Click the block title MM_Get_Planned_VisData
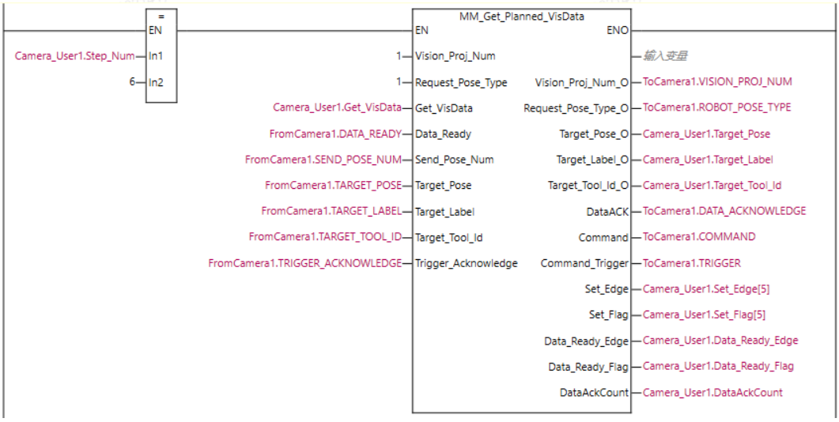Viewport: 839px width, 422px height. (x=522, y=16)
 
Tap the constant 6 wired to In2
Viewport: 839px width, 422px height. (x=133, y=82)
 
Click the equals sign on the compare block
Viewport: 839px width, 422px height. (x=161, y=17)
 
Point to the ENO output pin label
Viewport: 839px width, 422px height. (x=618, y=31)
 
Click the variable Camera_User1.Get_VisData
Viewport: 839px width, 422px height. (x=337, y=107)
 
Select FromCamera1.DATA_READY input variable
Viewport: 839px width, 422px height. (x=335, y=134)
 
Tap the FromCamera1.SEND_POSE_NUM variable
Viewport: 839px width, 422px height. (x=323, y=160)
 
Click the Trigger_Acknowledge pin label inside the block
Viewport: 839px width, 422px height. (x=467, y=263)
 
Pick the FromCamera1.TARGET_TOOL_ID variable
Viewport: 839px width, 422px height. (x=325, y=237)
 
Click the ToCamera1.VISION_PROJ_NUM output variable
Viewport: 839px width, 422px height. (x=717, y=81)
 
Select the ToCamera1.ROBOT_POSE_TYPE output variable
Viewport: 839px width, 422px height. (x=716, y=107)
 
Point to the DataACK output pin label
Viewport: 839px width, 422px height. (x=607, y=211)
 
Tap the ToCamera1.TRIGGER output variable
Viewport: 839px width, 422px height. (x=692, y=263)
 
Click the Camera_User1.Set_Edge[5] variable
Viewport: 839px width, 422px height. (x=705, y=289)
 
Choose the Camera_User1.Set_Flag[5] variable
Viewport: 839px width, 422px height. (x=705, y=315)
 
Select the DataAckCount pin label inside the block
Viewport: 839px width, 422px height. (x=594, y=392)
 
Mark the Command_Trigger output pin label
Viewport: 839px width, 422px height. (x=584, y=263)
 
